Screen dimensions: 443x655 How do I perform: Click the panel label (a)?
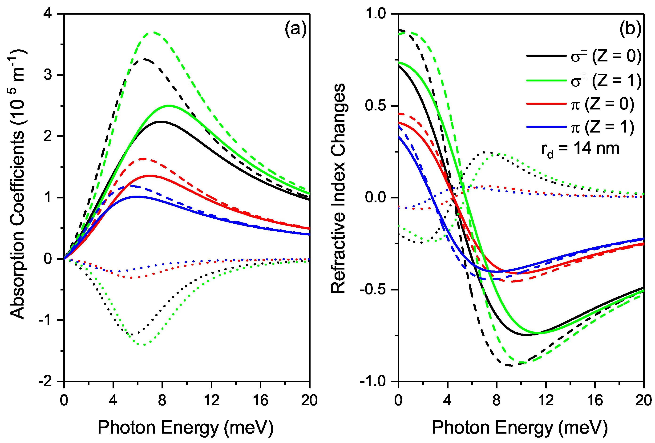(295, 29)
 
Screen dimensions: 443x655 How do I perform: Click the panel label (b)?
(630, 29)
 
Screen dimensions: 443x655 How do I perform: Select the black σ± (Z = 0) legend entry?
(583, 56)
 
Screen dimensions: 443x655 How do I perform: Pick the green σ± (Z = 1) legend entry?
(583, 80)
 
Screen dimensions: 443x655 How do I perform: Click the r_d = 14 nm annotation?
(580, 149)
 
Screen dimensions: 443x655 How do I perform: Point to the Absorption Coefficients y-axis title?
(17, 184)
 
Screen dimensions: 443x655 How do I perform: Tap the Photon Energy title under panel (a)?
(186, 428)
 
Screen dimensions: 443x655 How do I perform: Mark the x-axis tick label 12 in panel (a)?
(211, 400)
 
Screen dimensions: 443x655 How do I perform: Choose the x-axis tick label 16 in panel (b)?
(595, 400)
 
